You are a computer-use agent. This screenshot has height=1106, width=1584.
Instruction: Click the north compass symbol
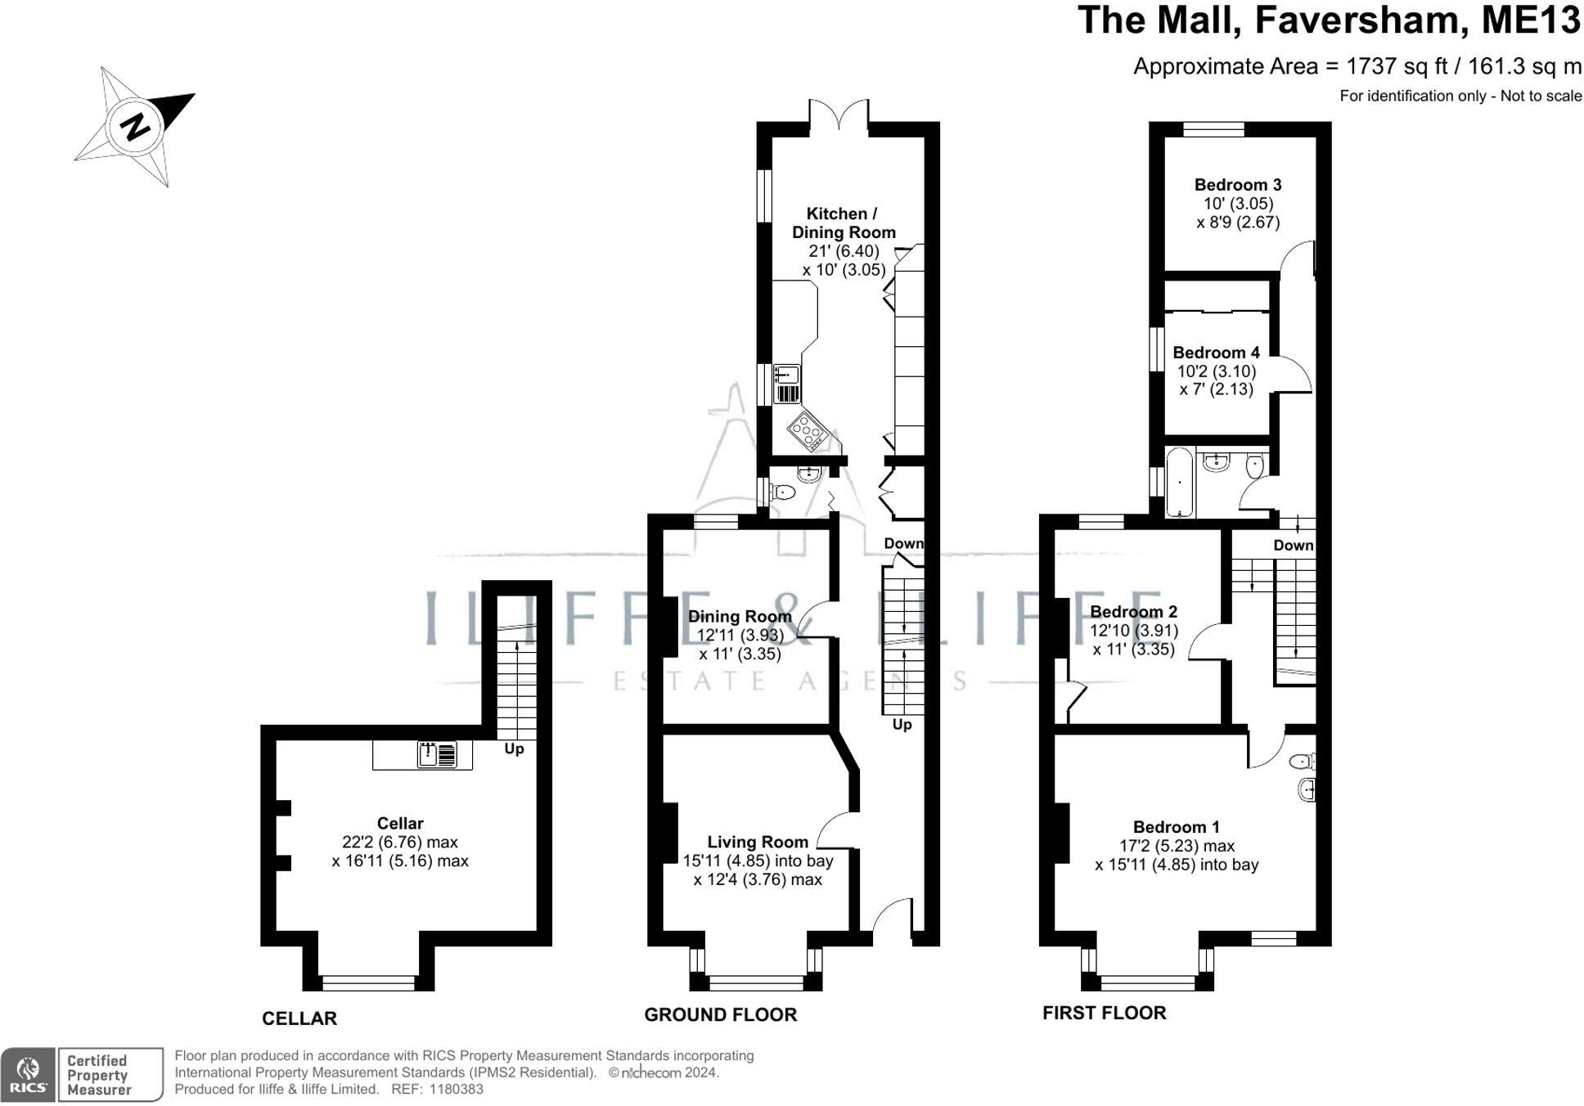136,126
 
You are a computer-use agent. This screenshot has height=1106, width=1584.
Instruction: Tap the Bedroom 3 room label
1237,185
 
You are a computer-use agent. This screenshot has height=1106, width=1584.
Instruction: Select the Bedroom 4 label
1216,353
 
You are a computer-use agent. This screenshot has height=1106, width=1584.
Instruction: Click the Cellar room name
400,823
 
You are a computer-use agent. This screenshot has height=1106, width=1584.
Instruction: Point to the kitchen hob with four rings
808,429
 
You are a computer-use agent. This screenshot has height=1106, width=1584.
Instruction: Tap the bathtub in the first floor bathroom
1179,482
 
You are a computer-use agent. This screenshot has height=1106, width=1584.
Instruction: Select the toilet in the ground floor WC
782,492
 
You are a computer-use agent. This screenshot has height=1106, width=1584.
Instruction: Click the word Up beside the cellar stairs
514,749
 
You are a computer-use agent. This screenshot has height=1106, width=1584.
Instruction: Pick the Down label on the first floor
1293,545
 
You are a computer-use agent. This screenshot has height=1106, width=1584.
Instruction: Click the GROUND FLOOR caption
720,1014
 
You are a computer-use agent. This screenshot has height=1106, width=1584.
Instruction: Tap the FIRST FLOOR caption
1104,1013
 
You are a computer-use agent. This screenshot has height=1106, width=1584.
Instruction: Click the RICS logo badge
29,1074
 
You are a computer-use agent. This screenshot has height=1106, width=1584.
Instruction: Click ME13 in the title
1531,20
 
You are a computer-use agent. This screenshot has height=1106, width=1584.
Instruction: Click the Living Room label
758,842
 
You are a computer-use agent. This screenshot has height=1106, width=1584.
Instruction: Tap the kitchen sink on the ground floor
786,375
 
